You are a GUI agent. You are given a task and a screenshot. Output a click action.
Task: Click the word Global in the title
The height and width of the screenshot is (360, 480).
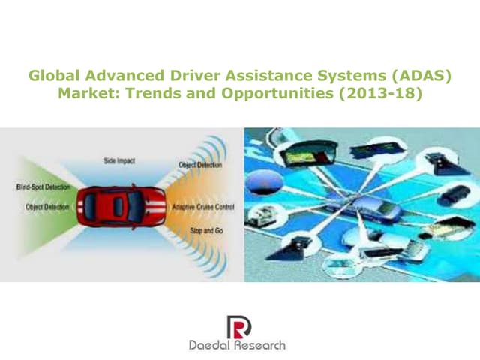tap(51, 76)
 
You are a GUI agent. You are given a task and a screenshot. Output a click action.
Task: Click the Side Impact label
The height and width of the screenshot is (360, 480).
tap(118, 160)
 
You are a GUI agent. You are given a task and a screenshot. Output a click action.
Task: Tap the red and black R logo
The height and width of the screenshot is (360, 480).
tap(239, 325)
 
